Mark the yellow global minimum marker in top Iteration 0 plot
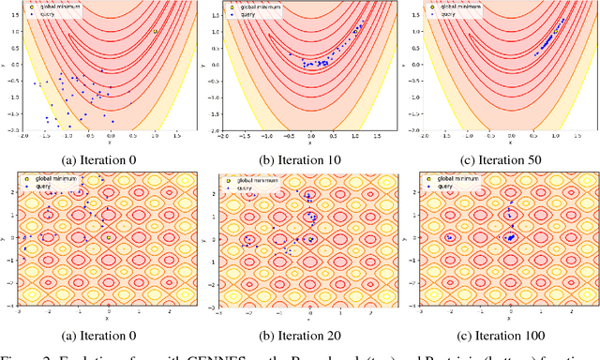coord(156,31)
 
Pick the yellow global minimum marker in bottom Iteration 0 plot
coord(109,238)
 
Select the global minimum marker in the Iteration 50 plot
coord(556,31)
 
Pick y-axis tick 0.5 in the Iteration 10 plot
coord(216,48)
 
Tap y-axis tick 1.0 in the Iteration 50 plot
coord(416,31)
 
